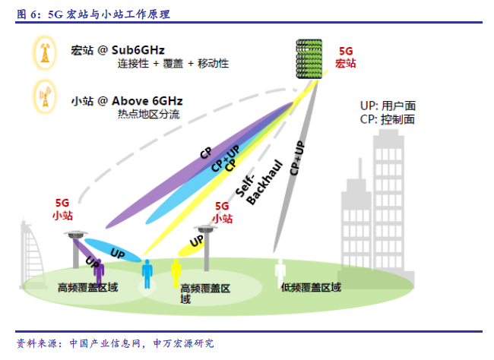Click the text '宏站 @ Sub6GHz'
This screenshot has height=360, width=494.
tap(117, 51)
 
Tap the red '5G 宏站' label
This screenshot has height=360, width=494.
tap(346, 58)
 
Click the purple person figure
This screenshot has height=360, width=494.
tap(100, 273)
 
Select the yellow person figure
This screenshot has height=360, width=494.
tap(176, 272)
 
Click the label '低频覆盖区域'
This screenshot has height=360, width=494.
tap(311, 287)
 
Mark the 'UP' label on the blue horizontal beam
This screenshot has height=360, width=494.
tap(117, 251)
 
